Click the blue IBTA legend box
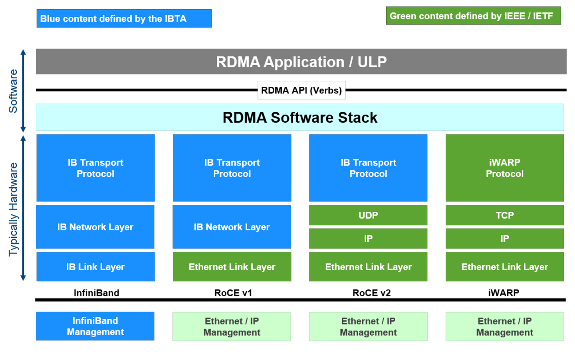pos(124,19)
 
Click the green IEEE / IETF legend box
pos(473,16)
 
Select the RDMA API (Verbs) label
pos(301,90)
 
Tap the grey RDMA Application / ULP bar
pos(301,62)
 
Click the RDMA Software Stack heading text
pos(300,117)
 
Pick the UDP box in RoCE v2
pos(368,215)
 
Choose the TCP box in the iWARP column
pos(504,215)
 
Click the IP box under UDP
pos(368,239)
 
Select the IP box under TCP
pos(504,239)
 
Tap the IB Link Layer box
pos(95,267)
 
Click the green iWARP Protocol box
pos(504,168)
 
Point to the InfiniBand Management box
pos(95,326)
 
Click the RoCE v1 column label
pos(233,293)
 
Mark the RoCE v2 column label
pos(371,293)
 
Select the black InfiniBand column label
pos(96,293)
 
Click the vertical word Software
pos(13,91)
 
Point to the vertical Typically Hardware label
pos(13,209)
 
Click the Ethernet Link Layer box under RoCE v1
pos(232,267)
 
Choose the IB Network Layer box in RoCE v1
pos(232,227)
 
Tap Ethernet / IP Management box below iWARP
pos(504,326)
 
